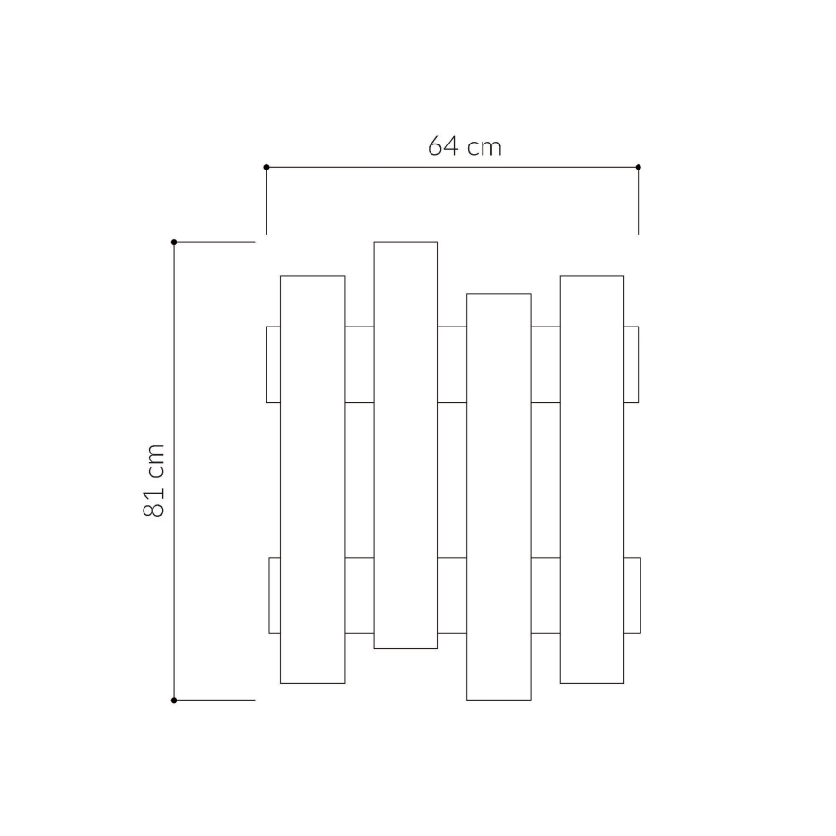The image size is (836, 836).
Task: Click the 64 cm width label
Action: (464, 146)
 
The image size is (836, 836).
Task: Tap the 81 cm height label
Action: (154, 481)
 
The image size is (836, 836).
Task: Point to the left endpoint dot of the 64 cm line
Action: (266, 167)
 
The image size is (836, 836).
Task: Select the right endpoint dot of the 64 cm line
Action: (638, 167)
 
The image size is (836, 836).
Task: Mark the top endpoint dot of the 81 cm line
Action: (174, 242)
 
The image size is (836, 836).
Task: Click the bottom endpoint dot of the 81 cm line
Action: (174, 700)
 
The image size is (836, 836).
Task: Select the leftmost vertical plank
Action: (312, 480)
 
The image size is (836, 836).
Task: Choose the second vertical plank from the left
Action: (405, 445)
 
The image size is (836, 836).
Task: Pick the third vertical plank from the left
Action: (498, 496)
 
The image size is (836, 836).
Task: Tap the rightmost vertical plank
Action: (591, 480)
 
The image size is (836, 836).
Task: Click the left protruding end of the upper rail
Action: (274, 364)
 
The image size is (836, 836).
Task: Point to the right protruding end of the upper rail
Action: (631, 364)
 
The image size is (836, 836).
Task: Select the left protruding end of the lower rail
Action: (274, 594)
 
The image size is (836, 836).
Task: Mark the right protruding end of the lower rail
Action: (632, 594)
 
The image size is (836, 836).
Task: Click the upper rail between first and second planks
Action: (359, 364)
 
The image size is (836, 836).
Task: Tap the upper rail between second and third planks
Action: (452, 364)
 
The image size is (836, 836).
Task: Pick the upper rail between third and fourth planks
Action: (545, 364)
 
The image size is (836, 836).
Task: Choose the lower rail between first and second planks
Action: (359, 594)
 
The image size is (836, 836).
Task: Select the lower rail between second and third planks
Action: (452, 594)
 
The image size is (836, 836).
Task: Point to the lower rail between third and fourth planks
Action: (545, 594)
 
